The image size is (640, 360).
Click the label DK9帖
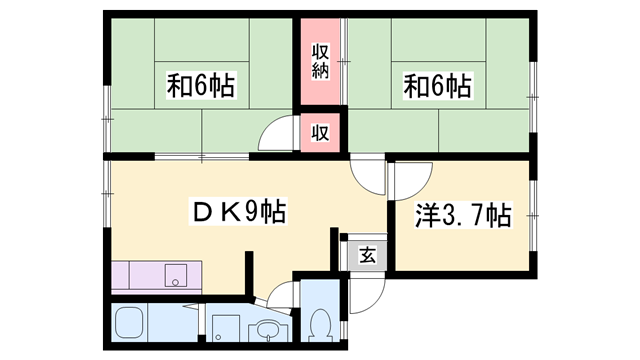click(238, 211)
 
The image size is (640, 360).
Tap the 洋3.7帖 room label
click(463, 215)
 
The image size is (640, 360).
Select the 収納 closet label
click(320, 61)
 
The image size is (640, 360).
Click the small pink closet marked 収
click(320, 133)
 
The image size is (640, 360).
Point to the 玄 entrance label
click(367, 256)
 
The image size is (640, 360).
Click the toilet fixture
click(321, 324)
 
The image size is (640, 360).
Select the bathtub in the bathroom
click(129, 322)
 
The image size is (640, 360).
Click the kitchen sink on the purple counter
click(176, 275)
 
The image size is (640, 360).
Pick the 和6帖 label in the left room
click(201, 85)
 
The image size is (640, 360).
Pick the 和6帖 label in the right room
click(438, 85)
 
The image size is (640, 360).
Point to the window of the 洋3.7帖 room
click(533, 215)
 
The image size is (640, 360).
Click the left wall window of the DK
click(107, 193)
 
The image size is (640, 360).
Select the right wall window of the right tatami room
click(533, 97)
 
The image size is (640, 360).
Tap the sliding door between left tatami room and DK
click(202, 156)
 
